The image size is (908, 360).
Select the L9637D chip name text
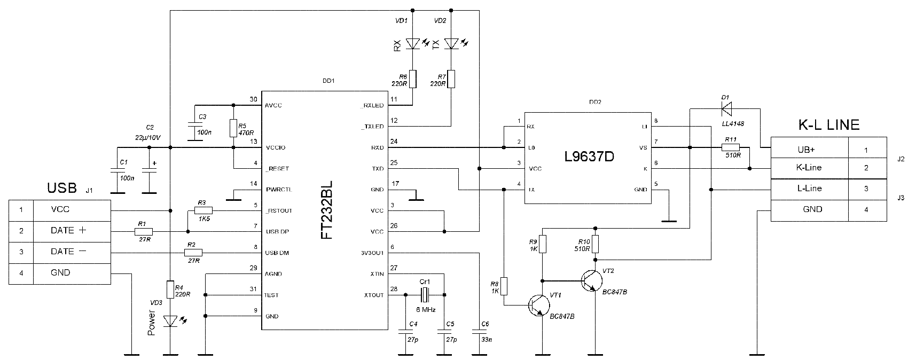pos(588,158)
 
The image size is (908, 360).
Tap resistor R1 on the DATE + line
pos(143,231)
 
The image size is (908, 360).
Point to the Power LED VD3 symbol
pos(170,321)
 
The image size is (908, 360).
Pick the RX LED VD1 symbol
pos(412,43)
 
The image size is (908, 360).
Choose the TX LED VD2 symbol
pos(451,43)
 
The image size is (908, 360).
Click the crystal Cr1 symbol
pos(425,294)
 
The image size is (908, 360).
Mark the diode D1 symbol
pos(726,109)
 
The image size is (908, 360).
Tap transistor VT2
pos(590,280)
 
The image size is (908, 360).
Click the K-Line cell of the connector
pos(809,168)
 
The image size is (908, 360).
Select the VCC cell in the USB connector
pos(60,210)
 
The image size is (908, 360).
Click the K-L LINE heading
pos(828,125)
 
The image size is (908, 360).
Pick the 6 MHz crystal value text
pos(426,309)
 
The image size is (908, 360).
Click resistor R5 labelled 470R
pos(233,128)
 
